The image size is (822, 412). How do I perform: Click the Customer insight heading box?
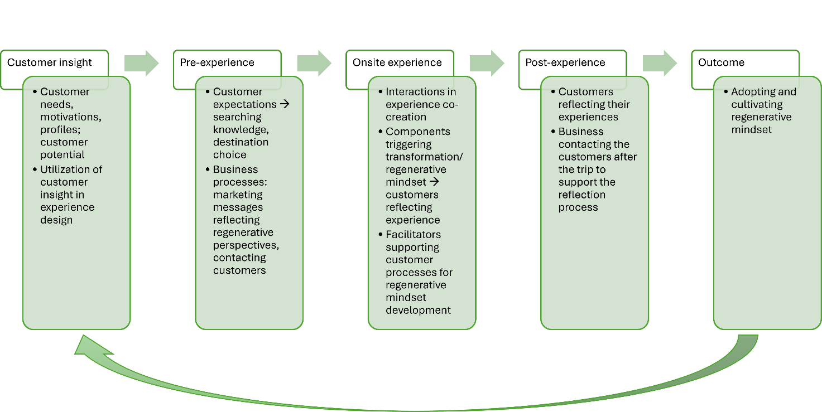[50, 62]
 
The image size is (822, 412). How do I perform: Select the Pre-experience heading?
[217, 62]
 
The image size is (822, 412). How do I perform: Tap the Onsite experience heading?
[397, 62]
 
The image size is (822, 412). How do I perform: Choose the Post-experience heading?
[565, 62]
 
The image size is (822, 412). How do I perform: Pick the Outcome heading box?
[721, 62]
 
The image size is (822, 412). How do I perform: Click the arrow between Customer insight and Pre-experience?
[141, 63]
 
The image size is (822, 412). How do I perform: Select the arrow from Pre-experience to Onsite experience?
[314, 63]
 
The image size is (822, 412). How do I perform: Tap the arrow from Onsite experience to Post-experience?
[487, 63]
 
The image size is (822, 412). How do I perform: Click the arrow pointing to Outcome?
[660, 63]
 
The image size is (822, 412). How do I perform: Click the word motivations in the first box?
[70, 117]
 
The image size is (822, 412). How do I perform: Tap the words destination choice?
[241, 148]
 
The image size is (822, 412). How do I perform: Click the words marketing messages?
[238, 201]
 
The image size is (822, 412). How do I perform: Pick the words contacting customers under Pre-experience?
[239, 264]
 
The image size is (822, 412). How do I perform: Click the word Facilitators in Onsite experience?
[413, 234]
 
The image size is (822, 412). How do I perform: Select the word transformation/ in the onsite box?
[424, 157]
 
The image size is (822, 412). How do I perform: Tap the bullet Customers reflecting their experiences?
[594, 104]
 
